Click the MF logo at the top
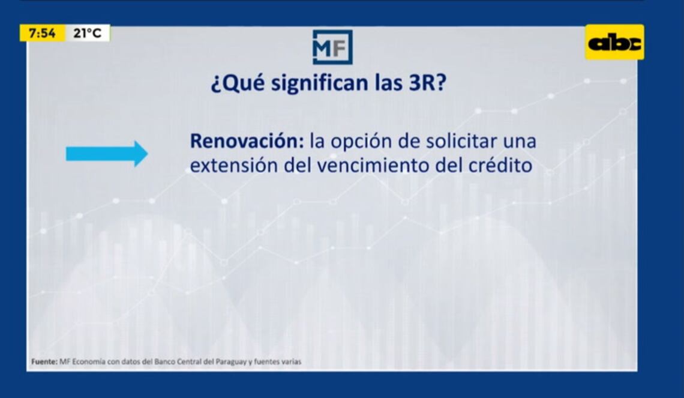332,47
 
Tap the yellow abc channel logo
614,43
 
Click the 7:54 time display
43,33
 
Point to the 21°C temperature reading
87,33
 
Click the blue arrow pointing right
107,154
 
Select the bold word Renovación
247,141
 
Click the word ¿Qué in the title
238,83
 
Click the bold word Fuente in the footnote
44,362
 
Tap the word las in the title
389,82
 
